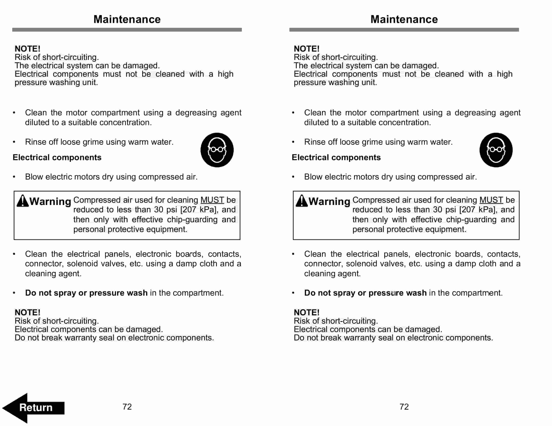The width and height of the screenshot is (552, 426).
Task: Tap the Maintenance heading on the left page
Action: pyautogui.click(x=127, y=19)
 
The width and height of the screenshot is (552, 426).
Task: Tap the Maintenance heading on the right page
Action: pyautogui.click(x=404, y=19)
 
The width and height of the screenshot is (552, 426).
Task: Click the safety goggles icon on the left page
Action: pyautogui.click(x=217, y=150)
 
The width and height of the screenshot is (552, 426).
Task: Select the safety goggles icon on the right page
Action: pyautogui.click(x=496, y=150)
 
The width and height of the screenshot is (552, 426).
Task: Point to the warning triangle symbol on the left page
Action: pyautogui.click(x=23, y=201)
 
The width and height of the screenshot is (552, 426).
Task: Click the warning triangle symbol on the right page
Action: pyautogui.click(x=302, y=201)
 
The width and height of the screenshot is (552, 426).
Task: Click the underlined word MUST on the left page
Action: pyautogui.click(x=212, y=200)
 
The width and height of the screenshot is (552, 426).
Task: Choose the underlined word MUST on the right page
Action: pyautogui.click(x=491, y=200)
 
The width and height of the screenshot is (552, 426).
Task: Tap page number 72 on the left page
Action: pyautogui.click(x=127, y=406)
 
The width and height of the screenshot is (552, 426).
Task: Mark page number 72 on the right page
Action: pyautogui.click(x=404, y=406)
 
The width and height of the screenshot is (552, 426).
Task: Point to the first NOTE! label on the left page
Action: pyautogui.click(x=27, y=48)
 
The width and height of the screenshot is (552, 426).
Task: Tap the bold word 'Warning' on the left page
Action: pyautogui.click(x=50, y=201)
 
